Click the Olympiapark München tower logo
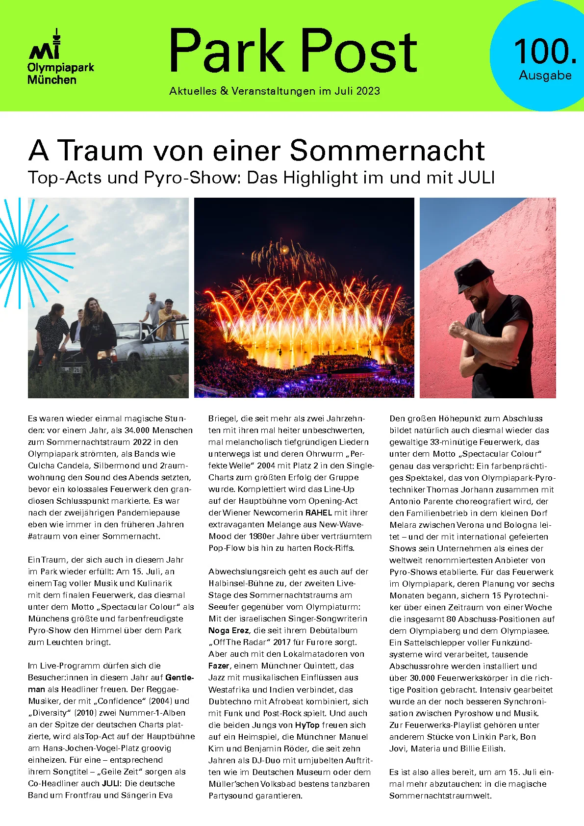[45, 45]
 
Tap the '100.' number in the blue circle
[545, 52]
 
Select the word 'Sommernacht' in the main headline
[387, 150]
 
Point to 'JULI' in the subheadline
[476, 177]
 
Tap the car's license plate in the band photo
[70, 370]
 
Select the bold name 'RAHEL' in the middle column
[319, 513]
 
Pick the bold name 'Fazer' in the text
[219, 666]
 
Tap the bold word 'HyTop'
[307, 725]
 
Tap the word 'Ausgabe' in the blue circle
[545, 76]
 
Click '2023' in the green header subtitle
[368, 91]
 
